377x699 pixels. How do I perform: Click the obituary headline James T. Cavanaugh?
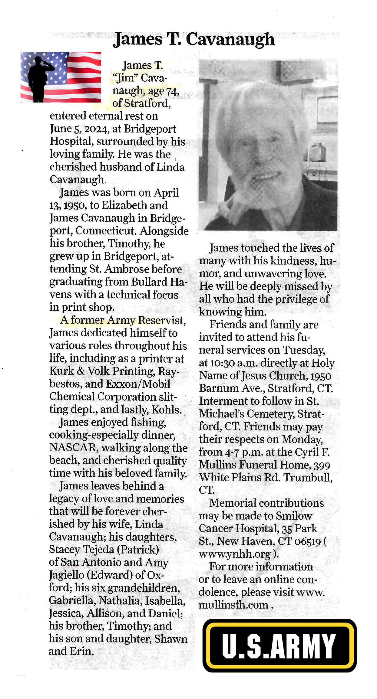pyautogui.click(x=194, y=40)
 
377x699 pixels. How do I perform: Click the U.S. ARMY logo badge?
pyautogui.click(x=279, y=645)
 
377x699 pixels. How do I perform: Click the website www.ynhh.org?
pyautogui.click(x=235, y=554)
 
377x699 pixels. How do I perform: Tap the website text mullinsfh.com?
pyautogui.click(x=233, y=605)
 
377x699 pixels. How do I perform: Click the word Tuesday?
pyautogui.click(x=304, y=350)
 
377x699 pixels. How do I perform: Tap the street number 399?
pyautogui.click(x=322, y=465)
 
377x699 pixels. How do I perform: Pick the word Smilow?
pyautogui.click(x=294, y=516)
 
